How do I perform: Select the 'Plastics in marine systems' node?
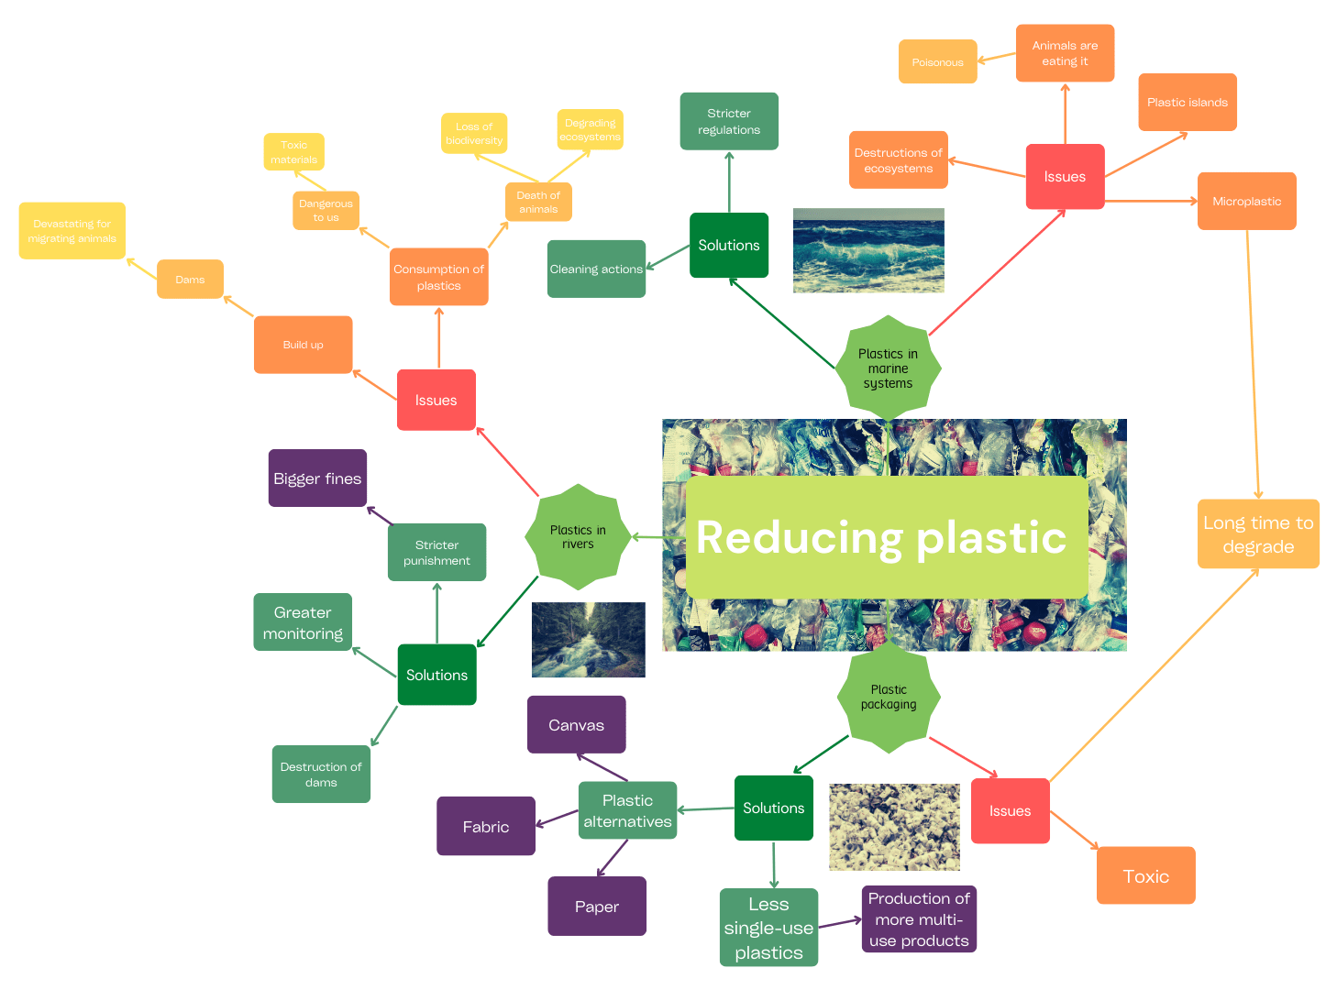(888, 368)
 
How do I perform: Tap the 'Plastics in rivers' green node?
(578, 537)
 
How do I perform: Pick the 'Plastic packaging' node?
(889, 698)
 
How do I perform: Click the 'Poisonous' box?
(937, 62)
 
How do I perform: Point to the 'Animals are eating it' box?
(1065, 53)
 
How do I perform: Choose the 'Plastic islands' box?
(1187, 103)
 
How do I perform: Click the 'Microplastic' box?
(1246, 202)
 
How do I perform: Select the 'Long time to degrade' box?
(1258, 534)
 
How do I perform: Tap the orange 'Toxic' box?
(1145, 876)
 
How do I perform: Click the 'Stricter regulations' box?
(729, 122)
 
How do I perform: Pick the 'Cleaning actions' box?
(596, 269)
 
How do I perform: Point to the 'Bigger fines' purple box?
(317, 478)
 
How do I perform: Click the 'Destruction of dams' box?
(321, 775)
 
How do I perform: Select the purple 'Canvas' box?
(576, 725)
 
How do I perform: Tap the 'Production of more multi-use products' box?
(919, 919)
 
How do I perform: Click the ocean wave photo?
(868, 250)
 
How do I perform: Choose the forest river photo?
(588, 640)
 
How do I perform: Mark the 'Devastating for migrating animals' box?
(72, 231)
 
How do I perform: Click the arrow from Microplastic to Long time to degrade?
(1253, 367)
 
